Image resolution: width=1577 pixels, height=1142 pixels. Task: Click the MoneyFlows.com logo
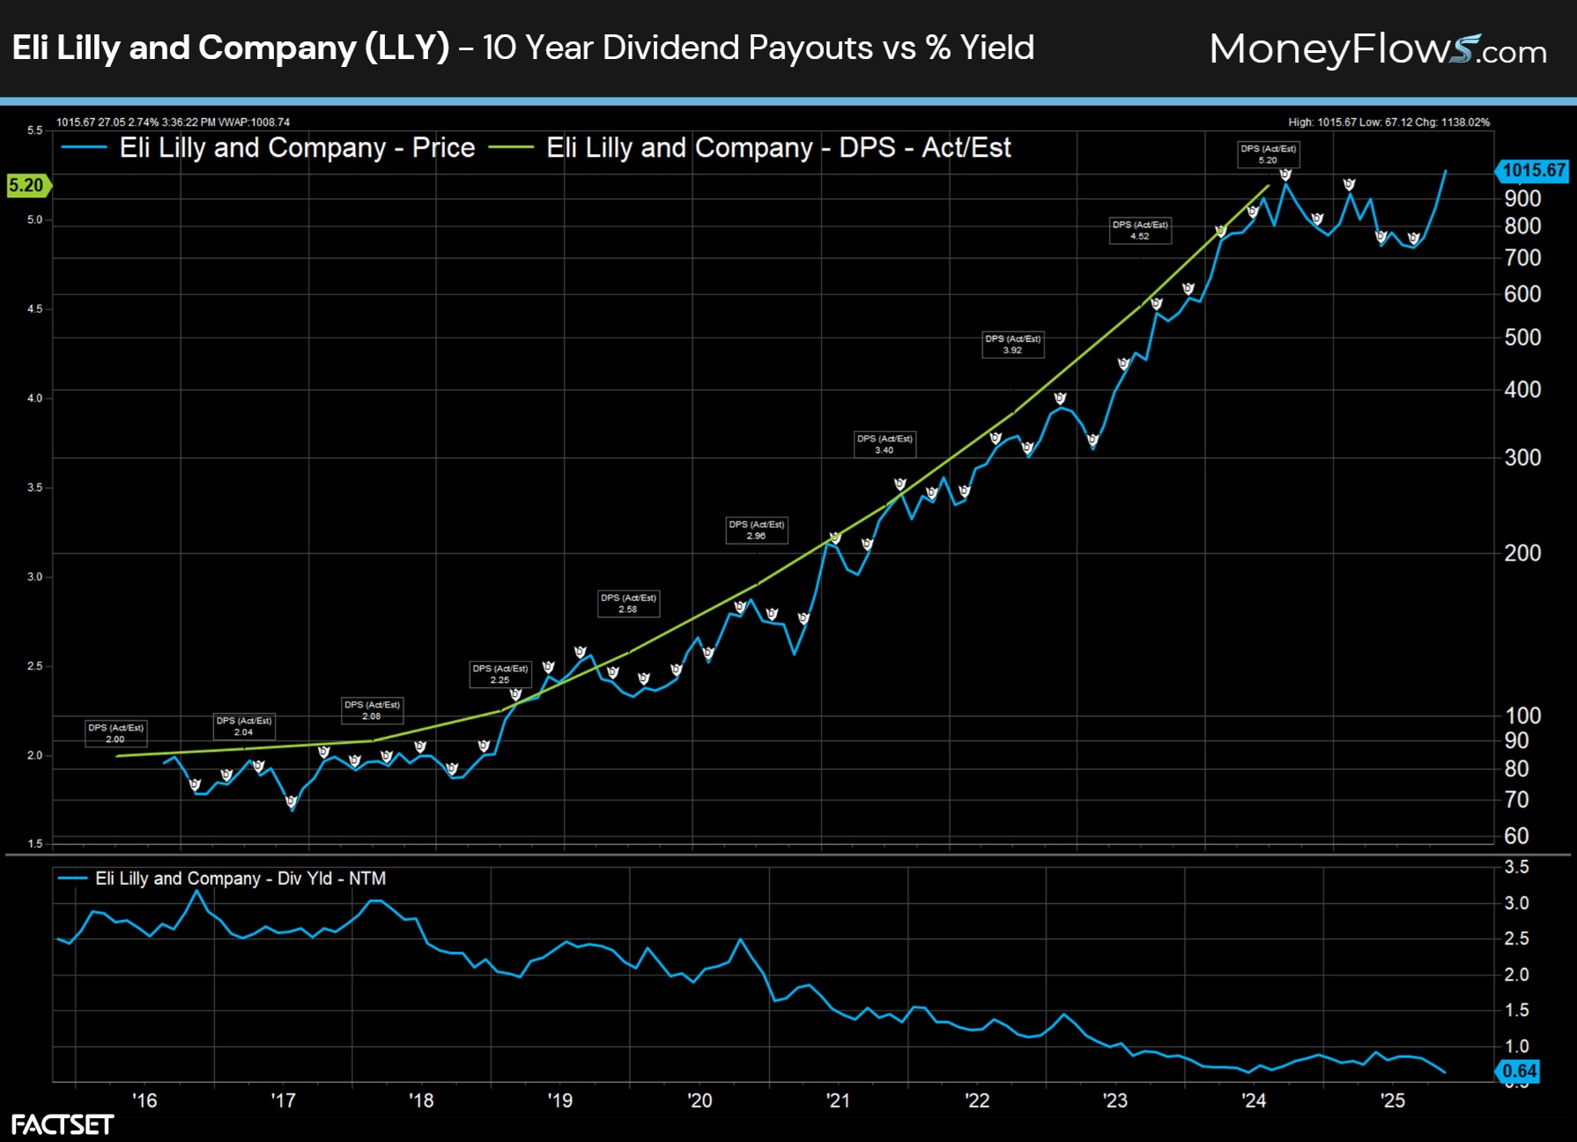(x=1378, y=49)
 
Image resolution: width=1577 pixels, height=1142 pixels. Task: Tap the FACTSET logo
(x=62, y=1124)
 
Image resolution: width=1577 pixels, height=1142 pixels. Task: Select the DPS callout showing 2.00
(x=115, y=733)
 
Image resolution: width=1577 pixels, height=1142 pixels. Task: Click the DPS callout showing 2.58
(x=628, y=604)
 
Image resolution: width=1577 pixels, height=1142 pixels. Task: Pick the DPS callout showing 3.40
(x=885, y=444)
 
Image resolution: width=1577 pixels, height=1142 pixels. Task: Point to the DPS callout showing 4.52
(x=1140, y=230)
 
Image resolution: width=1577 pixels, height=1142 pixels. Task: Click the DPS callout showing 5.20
(x=1268, y=154)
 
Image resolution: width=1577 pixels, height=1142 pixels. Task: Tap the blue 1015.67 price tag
(x=1533, y=170)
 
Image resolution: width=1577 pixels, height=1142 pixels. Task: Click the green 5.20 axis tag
(x=26, y=185)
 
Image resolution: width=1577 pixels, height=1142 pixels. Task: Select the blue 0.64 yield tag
(x=1519, y=1071)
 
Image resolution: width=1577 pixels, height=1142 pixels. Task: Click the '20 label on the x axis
(x=700, y=1101)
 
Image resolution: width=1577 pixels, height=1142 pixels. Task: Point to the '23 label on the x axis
(x=1114, y=1101)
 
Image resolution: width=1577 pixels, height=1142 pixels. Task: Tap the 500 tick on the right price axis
(x=1522, y=337)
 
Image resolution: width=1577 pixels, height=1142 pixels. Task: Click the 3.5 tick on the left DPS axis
(x=34, y=487)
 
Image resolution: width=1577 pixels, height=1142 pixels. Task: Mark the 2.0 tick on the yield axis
(x=1516, y=975)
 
